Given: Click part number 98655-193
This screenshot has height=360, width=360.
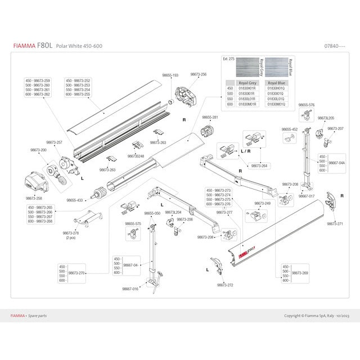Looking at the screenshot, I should click(167, 75).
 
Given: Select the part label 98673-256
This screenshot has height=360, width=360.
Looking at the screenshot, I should click(198, 74).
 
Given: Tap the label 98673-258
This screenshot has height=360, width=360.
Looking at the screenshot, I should click(34, 198).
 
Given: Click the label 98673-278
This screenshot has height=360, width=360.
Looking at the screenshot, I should click(71, 233).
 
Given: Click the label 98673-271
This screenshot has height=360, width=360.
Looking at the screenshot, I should click(335, 223).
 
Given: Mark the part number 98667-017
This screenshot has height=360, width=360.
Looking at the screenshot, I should click(307, 196).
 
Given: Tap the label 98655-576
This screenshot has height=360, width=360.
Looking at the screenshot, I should click(307, 105).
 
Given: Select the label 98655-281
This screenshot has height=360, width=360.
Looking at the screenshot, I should click(210, 117).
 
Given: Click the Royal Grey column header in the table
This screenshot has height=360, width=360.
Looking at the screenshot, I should click(247, 83).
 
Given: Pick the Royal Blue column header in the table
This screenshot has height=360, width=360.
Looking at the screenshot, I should click(278, 83).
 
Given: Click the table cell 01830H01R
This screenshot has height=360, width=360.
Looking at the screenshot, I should click(247, 88).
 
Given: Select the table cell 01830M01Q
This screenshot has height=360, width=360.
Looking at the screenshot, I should click(278, 105).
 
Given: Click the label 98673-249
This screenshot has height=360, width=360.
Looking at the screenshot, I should click(262, 203).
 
